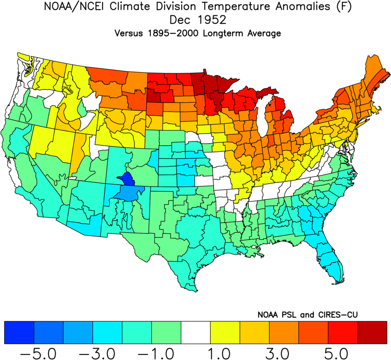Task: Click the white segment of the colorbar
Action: tap(196, 332)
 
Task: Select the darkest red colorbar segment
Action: tap(372, 332)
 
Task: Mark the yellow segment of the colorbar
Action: tap(225, 332)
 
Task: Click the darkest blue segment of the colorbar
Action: tap(19, 332)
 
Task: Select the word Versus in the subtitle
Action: tap(128, 33)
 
